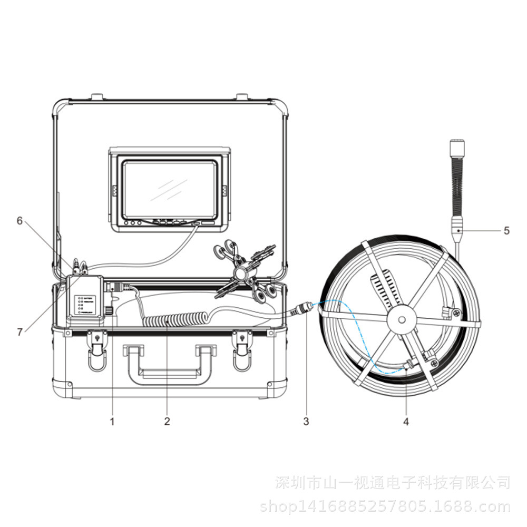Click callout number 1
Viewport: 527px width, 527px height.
(x=112, y=422)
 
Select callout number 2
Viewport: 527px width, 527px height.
(x=167, y=422)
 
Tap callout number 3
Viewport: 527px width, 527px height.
(x=306, y=422)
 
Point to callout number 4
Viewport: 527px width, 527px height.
(x=406, y=422)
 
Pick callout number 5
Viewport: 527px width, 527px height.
(x=507, y=230)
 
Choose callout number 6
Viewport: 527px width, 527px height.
(x=19, y=221)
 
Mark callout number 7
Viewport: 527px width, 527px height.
(x=19, y=331)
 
